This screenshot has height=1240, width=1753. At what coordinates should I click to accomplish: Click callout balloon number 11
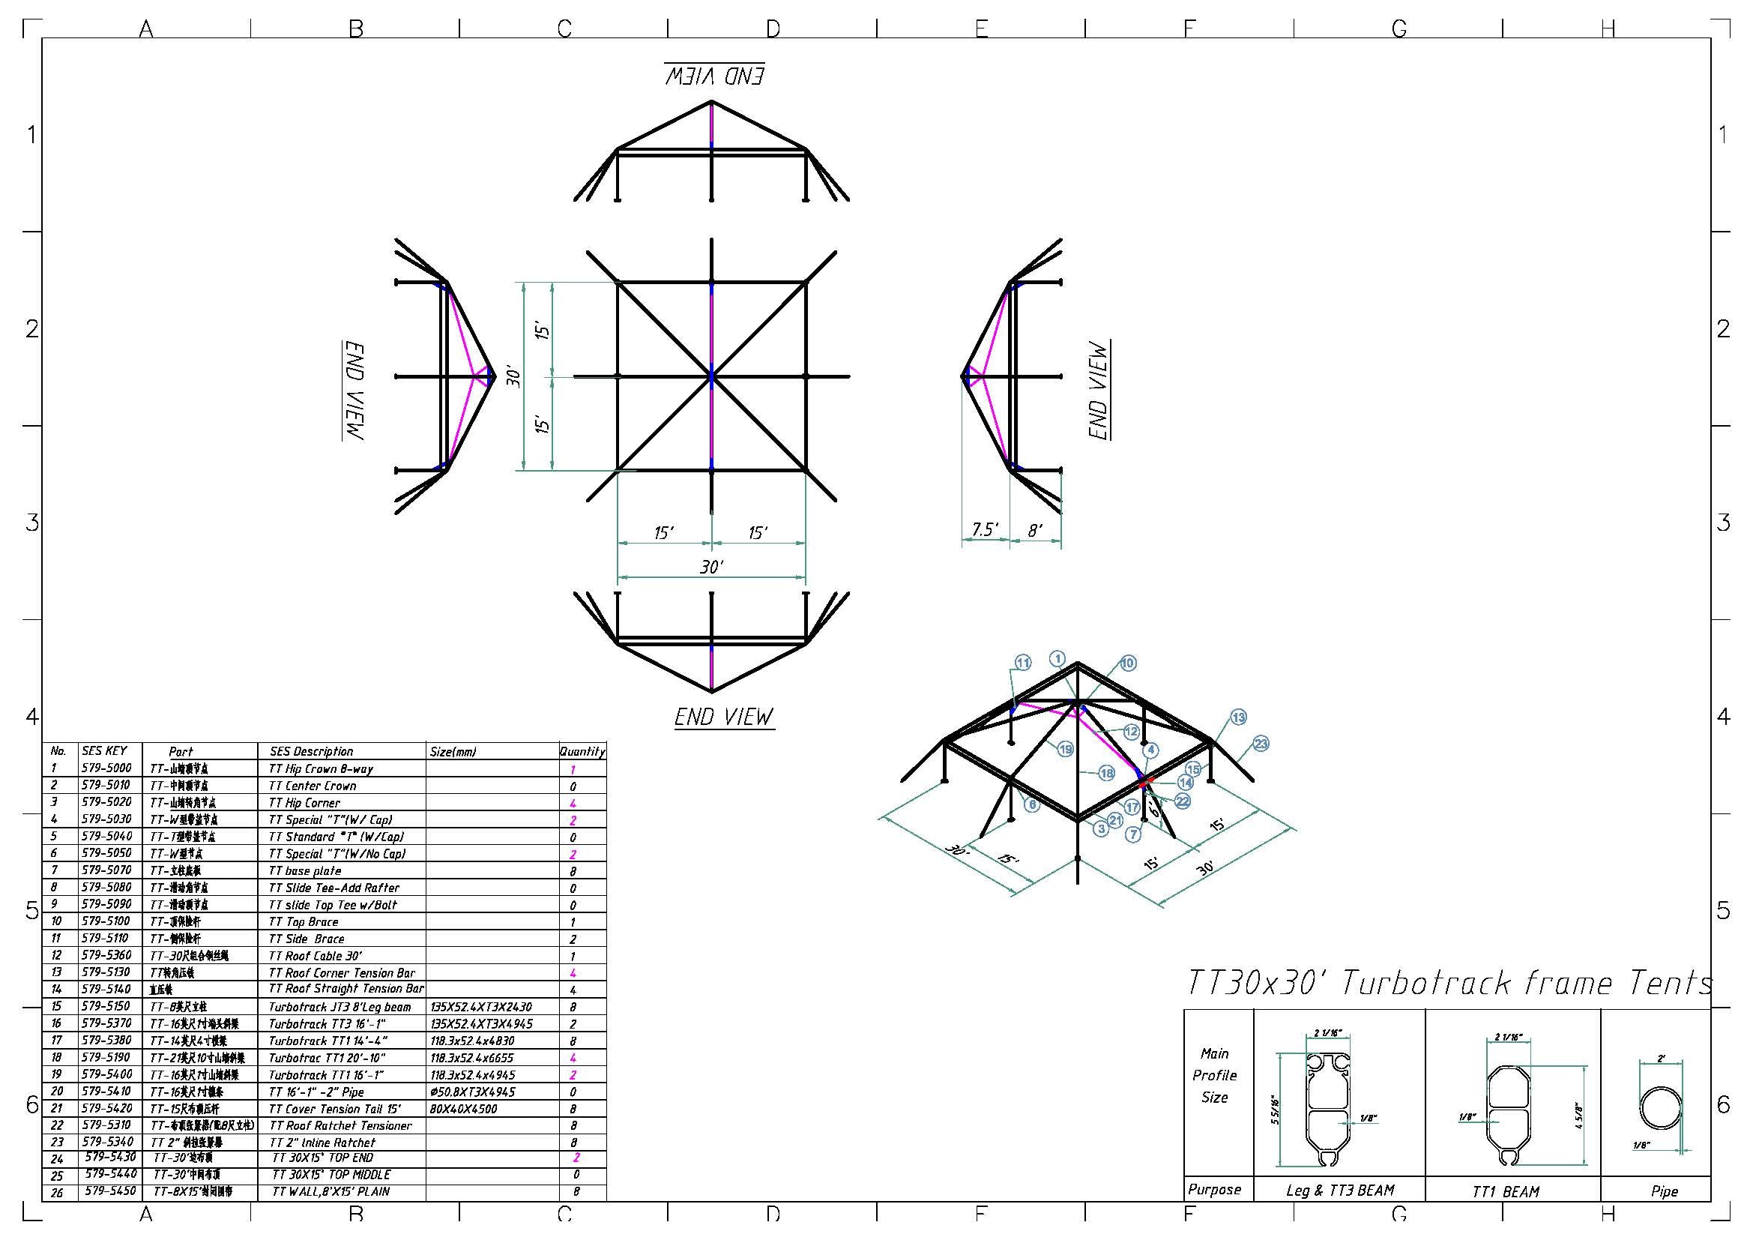[1022, 663]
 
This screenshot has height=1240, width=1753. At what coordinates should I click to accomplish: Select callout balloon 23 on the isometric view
[1261, 744]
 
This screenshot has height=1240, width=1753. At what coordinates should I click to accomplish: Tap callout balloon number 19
[1065, 750]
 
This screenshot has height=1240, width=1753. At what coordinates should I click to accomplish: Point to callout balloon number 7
[1133, 834]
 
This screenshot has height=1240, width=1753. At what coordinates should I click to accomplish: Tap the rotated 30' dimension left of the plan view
[515, 377]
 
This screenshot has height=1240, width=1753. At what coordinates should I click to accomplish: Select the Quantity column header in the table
[582, 751]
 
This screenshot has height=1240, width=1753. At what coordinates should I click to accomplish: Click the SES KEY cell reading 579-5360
[106, 955]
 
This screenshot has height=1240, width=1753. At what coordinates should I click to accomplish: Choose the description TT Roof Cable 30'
[316, 956]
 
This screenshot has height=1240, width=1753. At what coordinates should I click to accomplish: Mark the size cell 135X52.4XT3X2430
[481, 1007]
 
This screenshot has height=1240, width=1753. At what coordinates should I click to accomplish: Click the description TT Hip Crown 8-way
[321, 769]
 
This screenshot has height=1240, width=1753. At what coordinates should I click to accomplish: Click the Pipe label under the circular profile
[1665, 1191]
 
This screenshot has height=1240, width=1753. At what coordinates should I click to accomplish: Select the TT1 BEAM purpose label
[1505, 1191]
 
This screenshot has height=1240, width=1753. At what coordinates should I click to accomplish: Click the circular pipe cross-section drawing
[1660, 1107]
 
